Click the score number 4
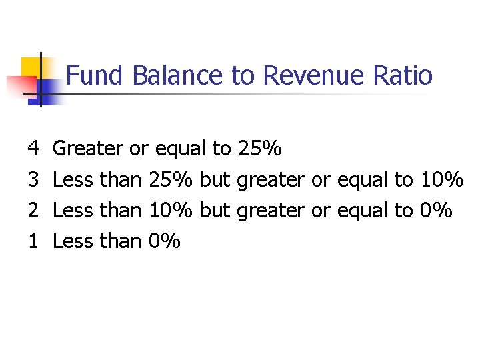[34, 149]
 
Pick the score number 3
[34, 179]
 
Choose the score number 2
[34, 211]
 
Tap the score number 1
[34, 241]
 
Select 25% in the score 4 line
[259, 149]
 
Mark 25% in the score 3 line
[171, 179]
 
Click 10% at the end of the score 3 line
[441, 179]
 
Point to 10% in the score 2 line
[171, 211]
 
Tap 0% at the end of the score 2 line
[436, 211]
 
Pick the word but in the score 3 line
[215, 179]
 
